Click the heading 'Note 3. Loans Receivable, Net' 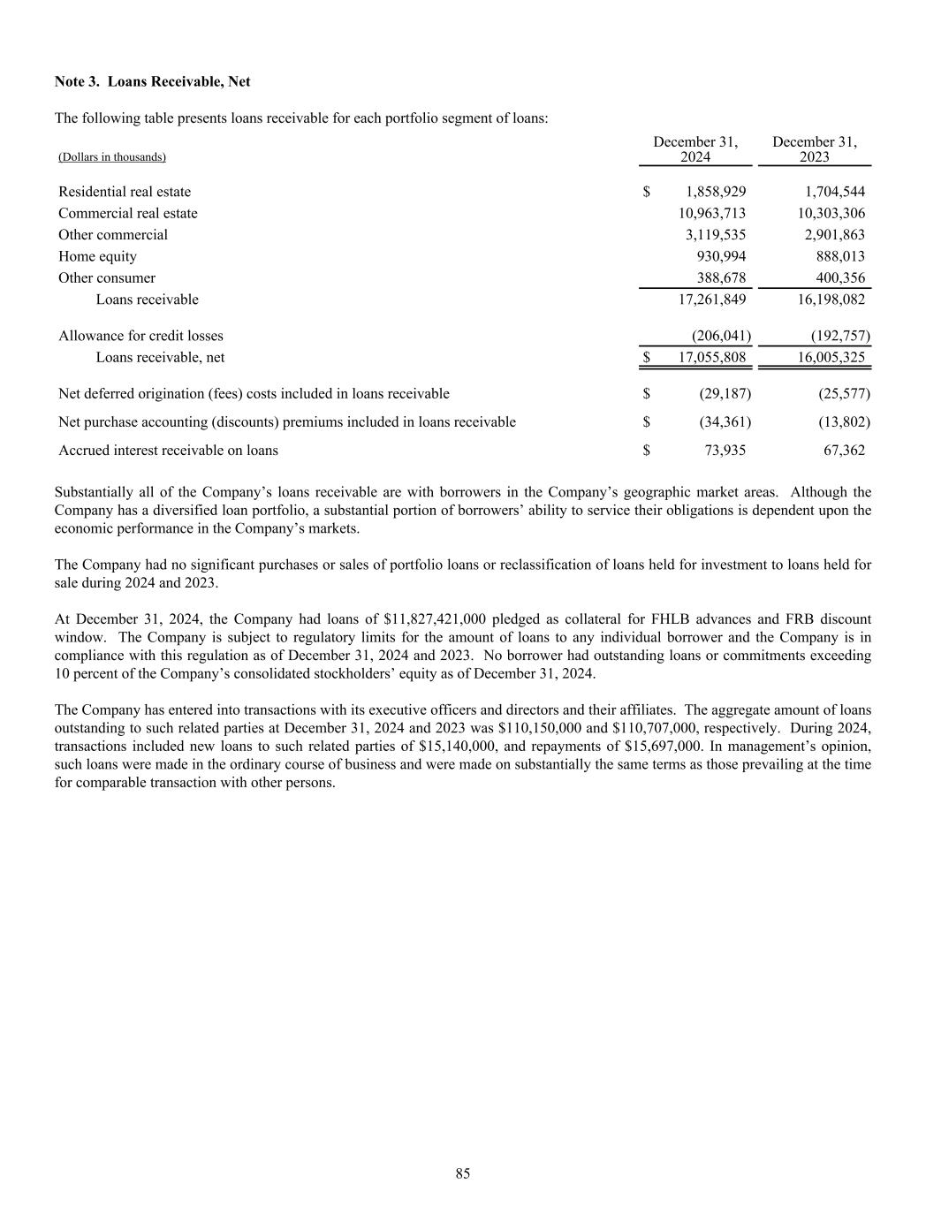point(152,81)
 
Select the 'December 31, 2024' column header point(695,149)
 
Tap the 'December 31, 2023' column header point(815,149)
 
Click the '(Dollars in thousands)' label point(112,157)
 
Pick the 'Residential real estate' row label point(125,192)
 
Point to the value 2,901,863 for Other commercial point(831,234)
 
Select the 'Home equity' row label point(97,256)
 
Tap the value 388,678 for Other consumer point(722,277)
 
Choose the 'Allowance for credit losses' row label point(140,336)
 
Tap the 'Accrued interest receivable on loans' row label point(168,450)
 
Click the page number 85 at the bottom point(463,1173)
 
